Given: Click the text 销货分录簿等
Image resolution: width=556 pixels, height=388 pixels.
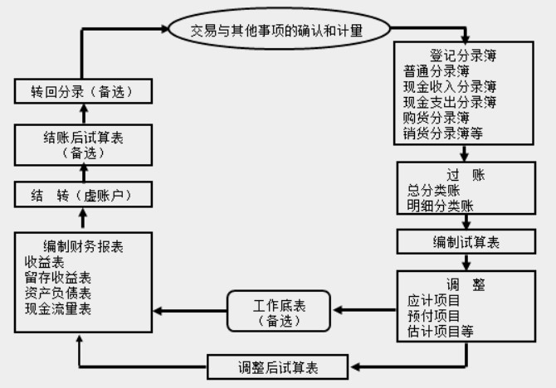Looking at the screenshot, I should [442, 133].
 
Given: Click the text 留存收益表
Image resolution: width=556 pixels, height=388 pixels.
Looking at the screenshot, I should [58, 277].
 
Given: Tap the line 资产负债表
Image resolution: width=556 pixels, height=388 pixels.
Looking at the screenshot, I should [58, 293].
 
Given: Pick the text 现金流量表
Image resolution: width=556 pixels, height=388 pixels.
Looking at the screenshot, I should [58, 308].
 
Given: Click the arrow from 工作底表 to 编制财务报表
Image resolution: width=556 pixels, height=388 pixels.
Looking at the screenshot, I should [190, 311].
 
